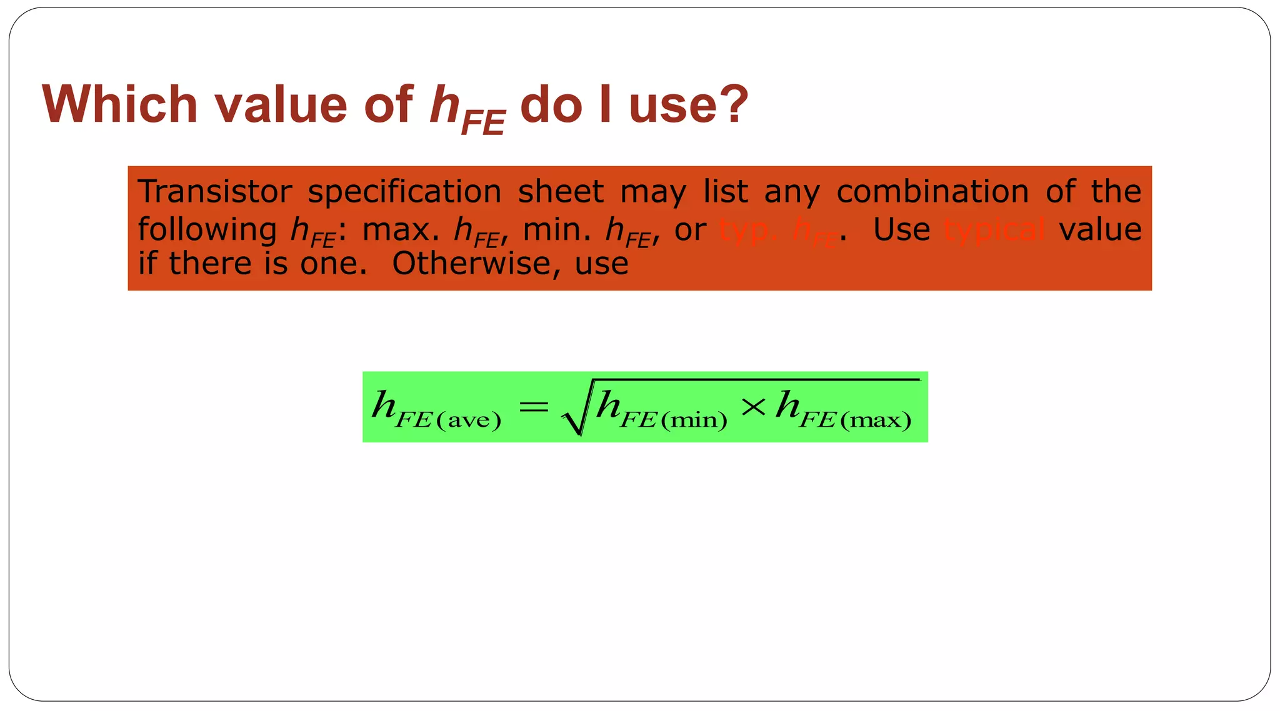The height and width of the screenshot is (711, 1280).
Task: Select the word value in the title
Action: (281, 104)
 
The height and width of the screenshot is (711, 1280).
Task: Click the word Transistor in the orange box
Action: (215, 191)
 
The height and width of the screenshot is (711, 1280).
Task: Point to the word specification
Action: (404, 192)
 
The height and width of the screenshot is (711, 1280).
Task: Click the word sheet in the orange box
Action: (561, 191)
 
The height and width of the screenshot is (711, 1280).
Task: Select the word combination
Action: (932, 191)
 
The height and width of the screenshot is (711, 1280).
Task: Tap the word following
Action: (207, 230)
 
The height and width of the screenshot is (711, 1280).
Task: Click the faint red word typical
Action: (994, 230)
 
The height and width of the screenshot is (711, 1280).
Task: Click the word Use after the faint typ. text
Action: (901, 229)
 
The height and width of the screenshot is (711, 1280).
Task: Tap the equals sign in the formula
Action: (533, 408)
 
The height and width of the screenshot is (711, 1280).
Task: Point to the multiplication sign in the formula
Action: (753, 407)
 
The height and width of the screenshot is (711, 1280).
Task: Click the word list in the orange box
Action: (725, 191)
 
